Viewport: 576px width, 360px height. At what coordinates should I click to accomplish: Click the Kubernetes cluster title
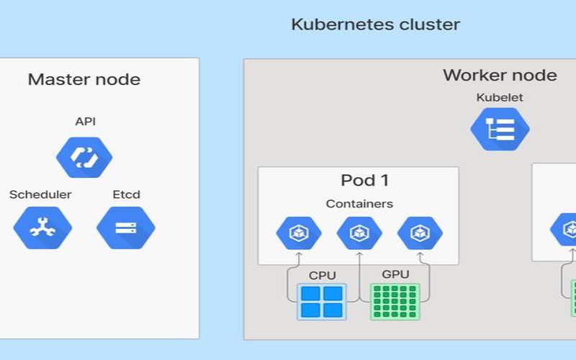[x=375, y=24]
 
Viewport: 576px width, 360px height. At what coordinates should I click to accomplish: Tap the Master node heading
[x=84, y=79]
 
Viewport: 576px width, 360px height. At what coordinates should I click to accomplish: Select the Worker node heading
[x=499, y=75]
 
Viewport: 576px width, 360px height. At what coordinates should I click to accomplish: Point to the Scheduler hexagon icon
[x=42, y=228]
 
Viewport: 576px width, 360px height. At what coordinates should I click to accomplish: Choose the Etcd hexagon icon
[x=125, y=228]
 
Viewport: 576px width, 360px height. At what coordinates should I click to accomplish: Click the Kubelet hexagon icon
[x=500, y=129]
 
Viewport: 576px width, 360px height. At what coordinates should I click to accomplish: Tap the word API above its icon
[x=85, y=121]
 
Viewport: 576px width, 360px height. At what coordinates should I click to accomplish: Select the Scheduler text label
[x=40, y=194]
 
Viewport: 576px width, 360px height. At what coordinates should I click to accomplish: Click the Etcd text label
[x=126, y=194]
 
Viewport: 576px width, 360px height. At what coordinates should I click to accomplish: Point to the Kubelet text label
[x=499, y=97]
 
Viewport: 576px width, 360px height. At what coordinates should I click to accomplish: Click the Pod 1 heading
[x=365, y=180]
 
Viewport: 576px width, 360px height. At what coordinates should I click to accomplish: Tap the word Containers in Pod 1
[x=359, y=204]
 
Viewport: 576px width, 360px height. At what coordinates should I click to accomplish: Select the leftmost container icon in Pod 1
[x=298, y=233]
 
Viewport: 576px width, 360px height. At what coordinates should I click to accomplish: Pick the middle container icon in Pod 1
[x=359, y=233]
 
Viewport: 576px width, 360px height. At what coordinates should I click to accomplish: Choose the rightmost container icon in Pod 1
[x=419, y=233]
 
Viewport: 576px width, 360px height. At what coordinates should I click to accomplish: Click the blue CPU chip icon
[x=322, y=301]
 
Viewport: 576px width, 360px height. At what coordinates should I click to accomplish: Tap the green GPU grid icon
[x=395, y=301]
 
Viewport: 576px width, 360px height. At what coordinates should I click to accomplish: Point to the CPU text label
[x=322, y=275]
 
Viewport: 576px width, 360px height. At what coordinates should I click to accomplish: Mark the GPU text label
[x=395, y=274]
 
